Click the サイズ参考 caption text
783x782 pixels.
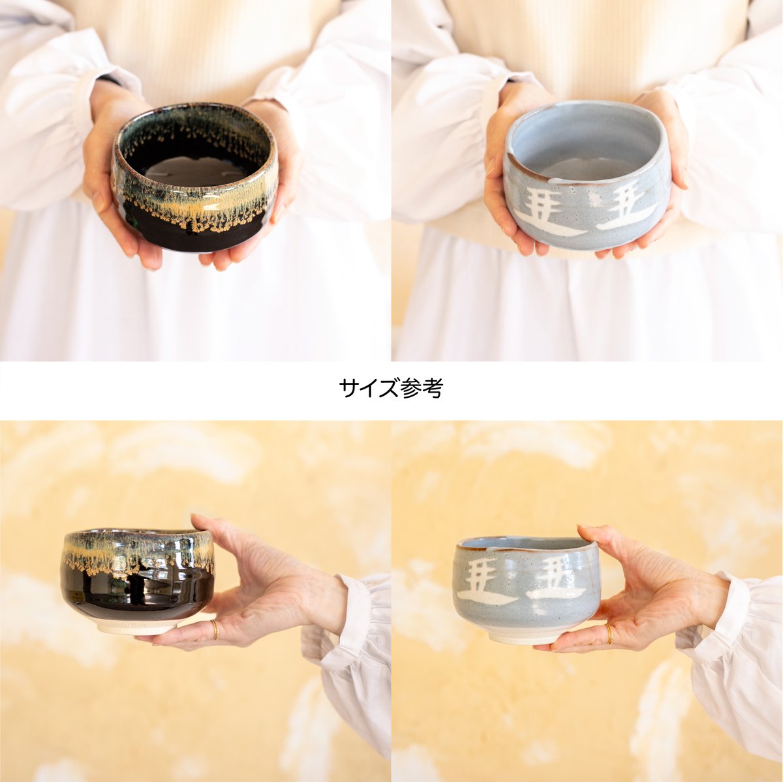[391, 389]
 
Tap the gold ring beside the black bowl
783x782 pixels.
[215, 629]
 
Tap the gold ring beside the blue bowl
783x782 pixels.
[609, 633]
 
